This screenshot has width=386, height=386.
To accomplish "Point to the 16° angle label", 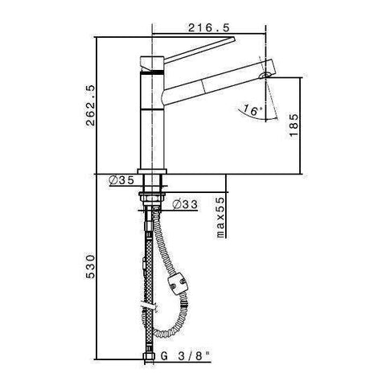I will [251, 112].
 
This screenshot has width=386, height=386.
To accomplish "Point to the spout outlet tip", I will [265, 75].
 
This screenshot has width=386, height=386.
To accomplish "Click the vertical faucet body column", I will [150, 121].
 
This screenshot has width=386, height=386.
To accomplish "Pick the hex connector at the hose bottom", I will [150, 355].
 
